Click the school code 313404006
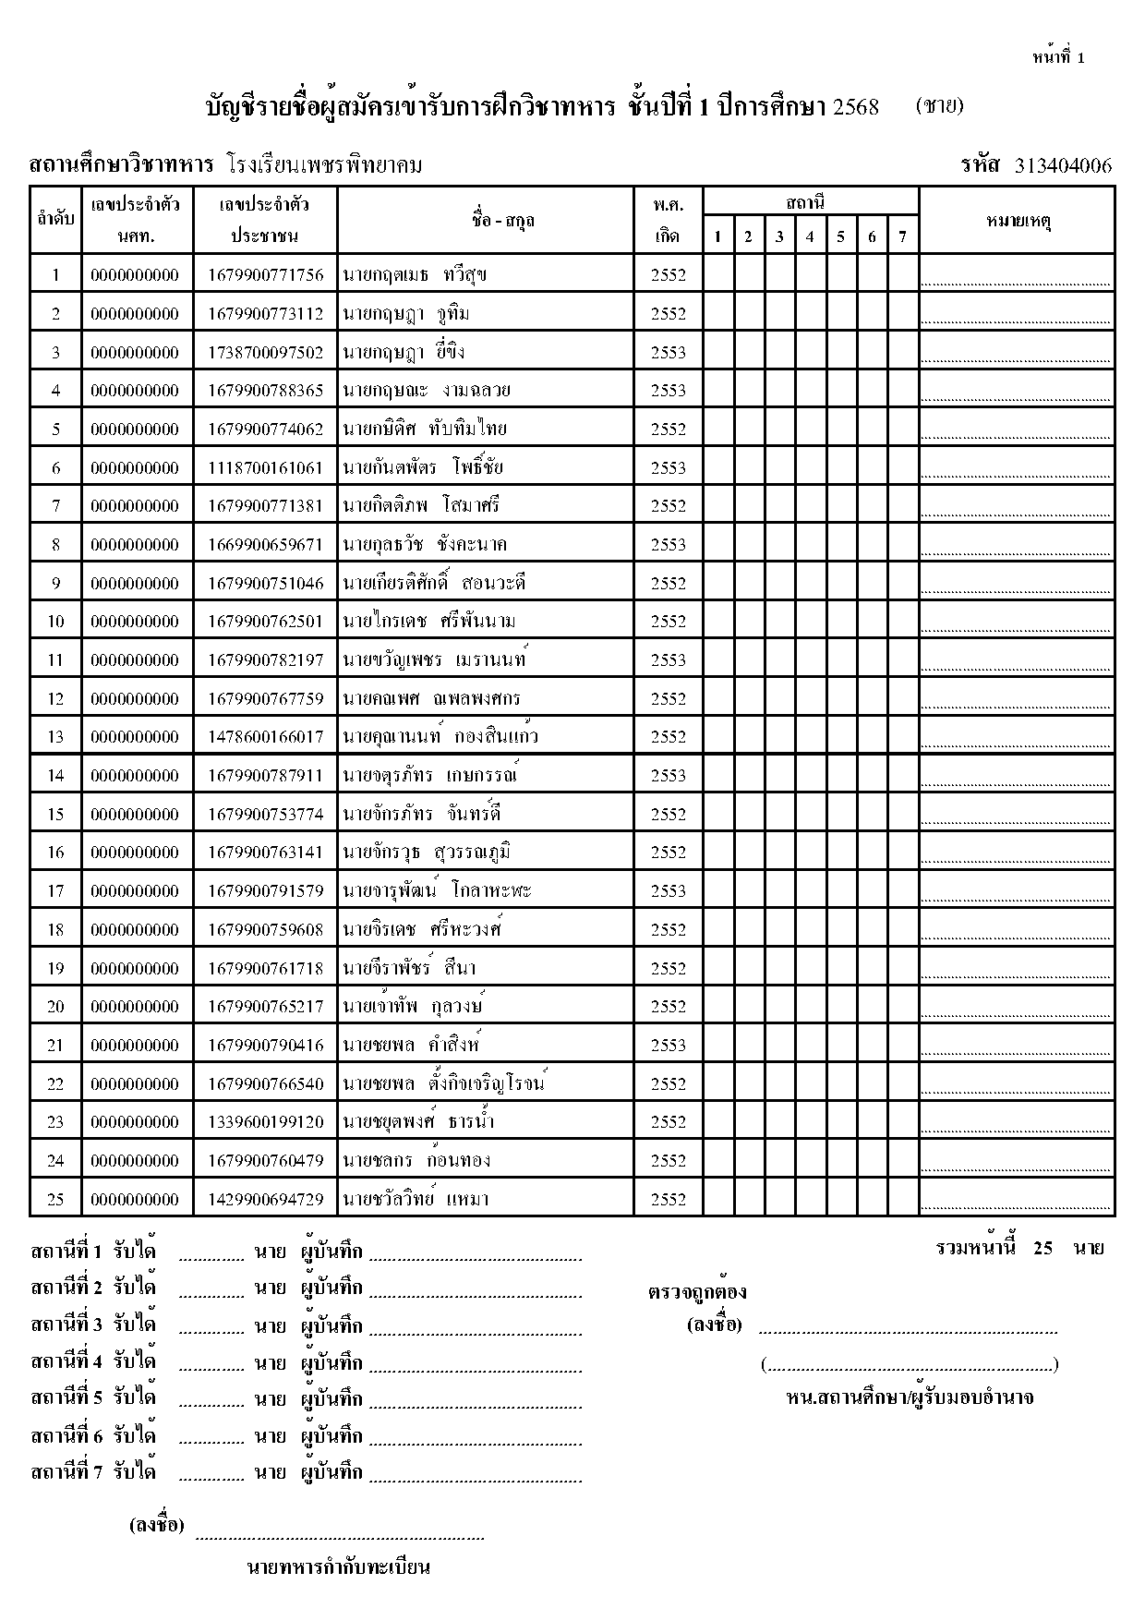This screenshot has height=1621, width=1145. point(1063,166)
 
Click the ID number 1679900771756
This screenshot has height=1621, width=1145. point(266,274)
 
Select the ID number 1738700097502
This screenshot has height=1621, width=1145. point(266,352)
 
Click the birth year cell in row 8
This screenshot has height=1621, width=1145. point(668,544)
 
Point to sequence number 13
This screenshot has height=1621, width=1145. point(55,737)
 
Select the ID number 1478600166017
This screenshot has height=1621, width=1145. point(266,737)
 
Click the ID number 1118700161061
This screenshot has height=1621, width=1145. point(266,467)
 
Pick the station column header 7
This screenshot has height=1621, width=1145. point(902,236)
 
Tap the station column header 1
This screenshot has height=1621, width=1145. point(717,236)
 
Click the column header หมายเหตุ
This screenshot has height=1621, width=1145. point(1018,221)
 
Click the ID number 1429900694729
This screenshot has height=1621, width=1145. point(266,1199)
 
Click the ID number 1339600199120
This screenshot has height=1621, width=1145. point(266,1122)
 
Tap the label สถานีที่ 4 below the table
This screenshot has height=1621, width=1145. point(66,1361)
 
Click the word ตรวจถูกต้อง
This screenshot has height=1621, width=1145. point(697,1292)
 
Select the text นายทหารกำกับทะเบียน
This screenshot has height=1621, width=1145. point(339,1567)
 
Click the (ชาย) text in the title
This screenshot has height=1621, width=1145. point(940,105)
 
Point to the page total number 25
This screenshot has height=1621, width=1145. point(1043,1248)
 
